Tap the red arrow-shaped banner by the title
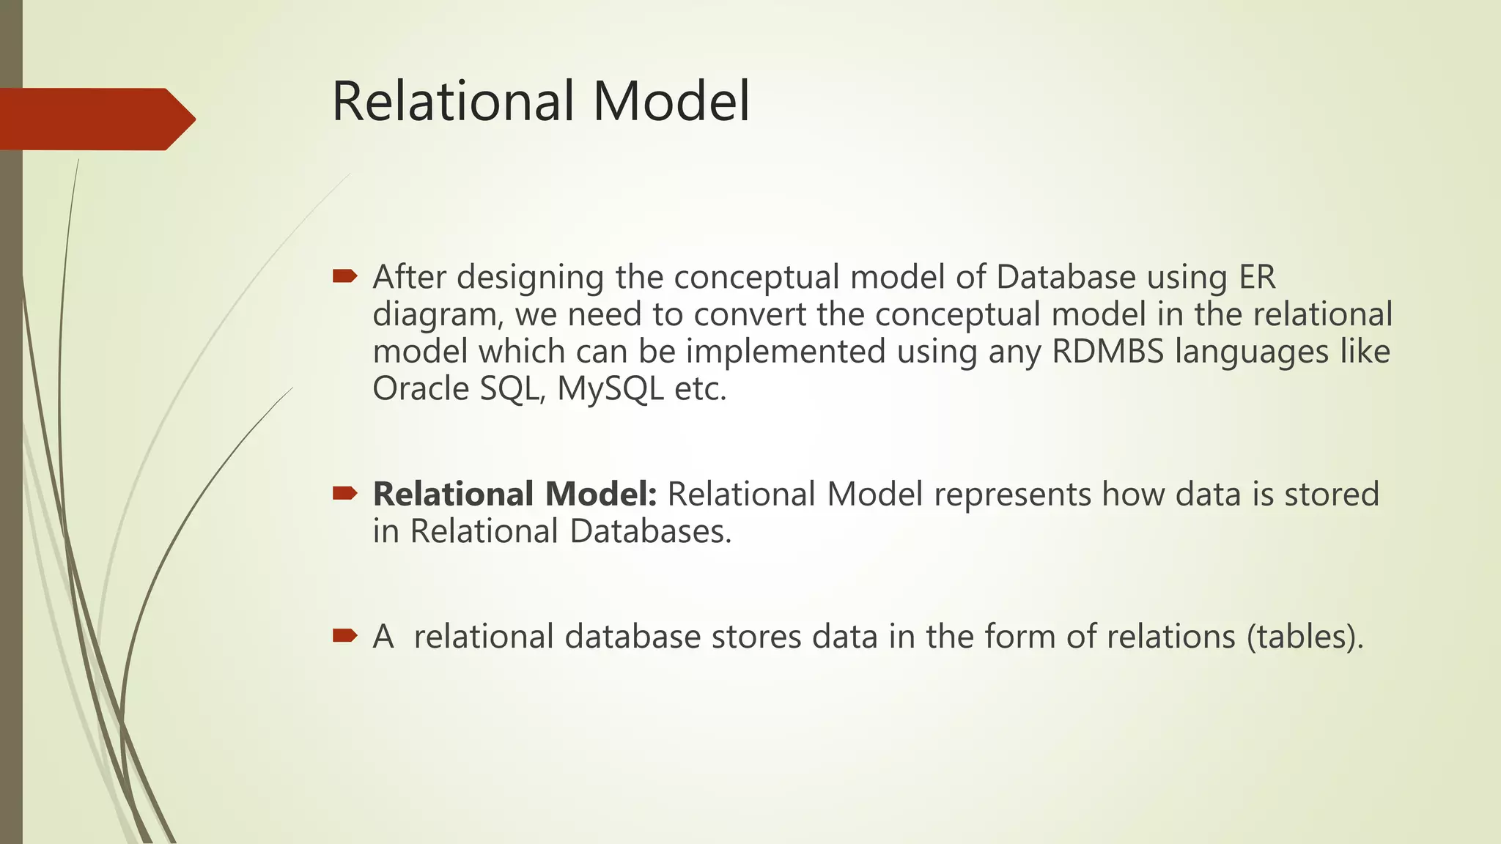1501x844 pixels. click(x=95, y=119)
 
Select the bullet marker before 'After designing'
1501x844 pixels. click(x=344, y=276)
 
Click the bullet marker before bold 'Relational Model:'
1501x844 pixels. click(x=344, y=493)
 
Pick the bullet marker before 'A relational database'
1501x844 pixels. click(x=344, y=634)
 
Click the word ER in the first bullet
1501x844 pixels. click(x=1257, y=277)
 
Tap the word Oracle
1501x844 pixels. click(x=421, y=388)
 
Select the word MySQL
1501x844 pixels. click(x=610, y=388)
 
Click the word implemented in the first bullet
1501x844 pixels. click(x=786, y=352)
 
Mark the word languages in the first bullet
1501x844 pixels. click(x=1251, y=352)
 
